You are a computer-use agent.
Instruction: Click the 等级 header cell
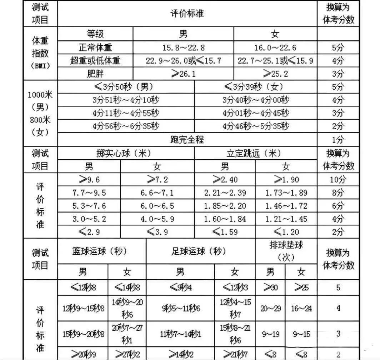click(x=95, y=34)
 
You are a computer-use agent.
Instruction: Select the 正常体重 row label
click(x=95, y=47)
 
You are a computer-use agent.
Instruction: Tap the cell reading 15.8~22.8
click(x=183, y=47)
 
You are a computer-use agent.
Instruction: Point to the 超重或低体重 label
click(x=95, y=61)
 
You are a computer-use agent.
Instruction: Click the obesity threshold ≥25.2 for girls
click(x=275, y=74)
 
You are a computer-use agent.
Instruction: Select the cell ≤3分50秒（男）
click(x=126, y=87)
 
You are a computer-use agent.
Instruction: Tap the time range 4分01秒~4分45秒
click(x=256, y=113)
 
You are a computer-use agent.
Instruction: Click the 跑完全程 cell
click(x=187, y=140)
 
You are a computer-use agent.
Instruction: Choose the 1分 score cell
click(x=338, y=140)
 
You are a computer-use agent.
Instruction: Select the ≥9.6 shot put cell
click(x=89, y=180)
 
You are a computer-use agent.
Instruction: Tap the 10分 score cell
click(x=338, y=180)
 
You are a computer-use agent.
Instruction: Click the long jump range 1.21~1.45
click(x=286, y=219)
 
